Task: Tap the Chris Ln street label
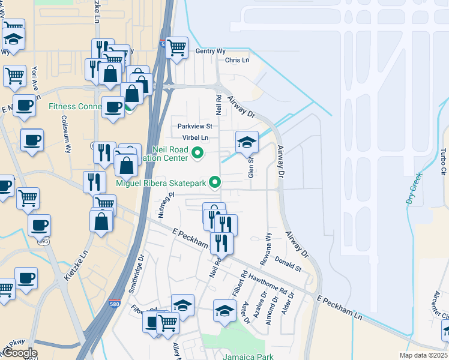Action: point(237,60)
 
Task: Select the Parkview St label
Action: point(194,127)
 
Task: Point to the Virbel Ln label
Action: point(196,137)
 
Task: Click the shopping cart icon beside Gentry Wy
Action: point(176,47)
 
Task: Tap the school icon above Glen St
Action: point(247,142)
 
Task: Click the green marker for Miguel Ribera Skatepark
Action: point(212,184)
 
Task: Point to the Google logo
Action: point(20,353)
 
